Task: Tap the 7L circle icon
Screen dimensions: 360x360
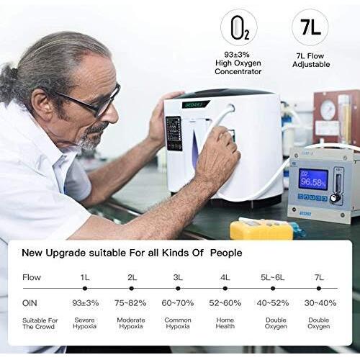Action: point(310,28)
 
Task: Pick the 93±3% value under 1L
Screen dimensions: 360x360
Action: point(86,302)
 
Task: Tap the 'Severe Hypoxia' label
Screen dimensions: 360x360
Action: point(86,322)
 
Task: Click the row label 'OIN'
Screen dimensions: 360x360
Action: point(30,302)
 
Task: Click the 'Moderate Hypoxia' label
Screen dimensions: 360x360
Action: point(130,322)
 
